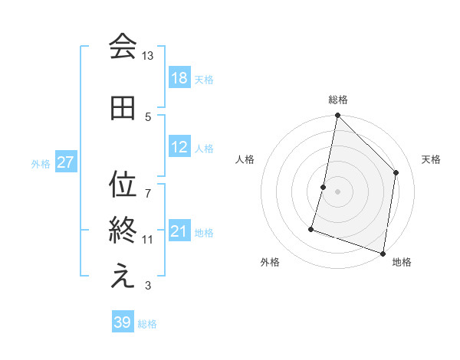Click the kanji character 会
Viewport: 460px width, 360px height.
pyautogui.click(x=123, y=47)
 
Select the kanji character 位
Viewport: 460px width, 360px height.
pyautogui.click(x=123, y=184)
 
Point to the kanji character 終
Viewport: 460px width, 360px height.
pyautogui.click(x=123, y=231)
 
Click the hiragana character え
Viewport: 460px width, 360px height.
pyautogui.click(x=123, y=277)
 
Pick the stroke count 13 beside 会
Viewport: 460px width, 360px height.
pyautogui.click(x=148, y=56)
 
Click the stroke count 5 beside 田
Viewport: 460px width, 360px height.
pyautogui.click(x=148, y=116)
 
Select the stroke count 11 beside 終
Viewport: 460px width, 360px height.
pyautogui.click(x=148, y=239)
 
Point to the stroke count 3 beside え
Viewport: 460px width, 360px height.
pyautogui.click(x=148, y=286)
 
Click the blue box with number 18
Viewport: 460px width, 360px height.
pyautogui.click(x=179, y=78)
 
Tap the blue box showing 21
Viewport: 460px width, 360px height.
pyautogui.click(x=179, y=231)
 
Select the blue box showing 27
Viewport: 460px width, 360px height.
pyautogui.click(x=66, y=162)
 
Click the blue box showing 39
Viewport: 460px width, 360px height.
pyautogui.click(x=123, y=322)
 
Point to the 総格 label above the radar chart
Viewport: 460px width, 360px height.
pyautogui.click(x=338, y=100)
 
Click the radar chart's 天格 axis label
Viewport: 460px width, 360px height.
pyautogui.click(x=431, y=159)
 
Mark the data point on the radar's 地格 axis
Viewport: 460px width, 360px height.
pyautogui.click(x=383, y=253)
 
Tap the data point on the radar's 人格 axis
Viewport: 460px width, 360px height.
pyautogui.click(x=324, y=187)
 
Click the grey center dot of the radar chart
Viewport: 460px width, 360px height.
pyautogui.click(x=338, y=191)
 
